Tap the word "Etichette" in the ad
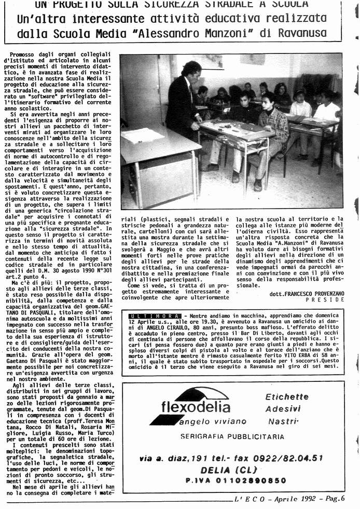pos(287,397)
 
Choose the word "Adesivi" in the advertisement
pos(283,409)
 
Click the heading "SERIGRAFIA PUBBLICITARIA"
pos(232,437)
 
